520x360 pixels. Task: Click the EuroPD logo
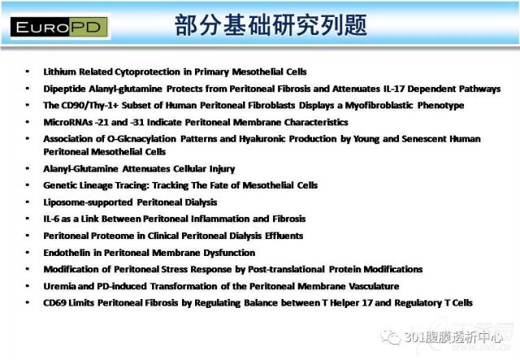(59, 27)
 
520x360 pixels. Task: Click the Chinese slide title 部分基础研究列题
(271, 25)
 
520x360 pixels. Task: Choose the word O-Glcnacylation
(141, 139)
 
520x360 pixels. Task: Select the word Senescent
(423, 139)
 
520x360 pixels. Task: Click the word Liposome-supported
(88, 202)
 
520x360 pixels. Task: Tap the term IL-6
(50, 219)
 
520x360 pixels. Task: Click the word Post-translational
(286, 269)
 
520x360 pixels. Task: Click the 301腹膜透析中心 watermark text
(453, 337)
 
